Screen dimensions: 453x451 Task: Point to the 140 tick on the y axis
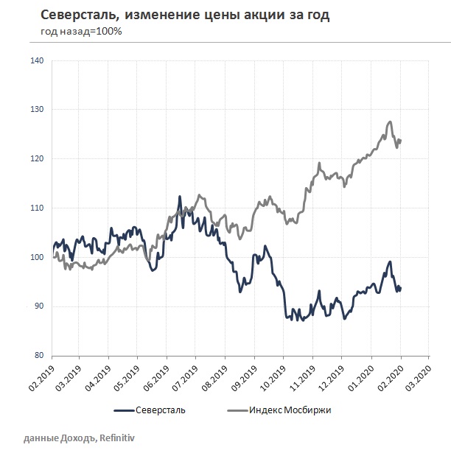38,60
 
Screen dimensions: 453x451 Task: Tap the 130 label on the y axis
38,110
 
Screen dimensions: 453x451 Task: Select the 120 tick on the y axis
38,159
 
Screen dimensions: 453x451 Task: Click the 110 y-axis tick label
38,208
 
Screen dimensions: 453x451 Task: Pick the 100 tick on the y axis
38,257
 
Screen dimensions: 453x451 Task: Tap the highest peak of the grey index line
390,122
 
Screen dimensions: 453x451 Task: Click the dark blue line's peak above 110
179,197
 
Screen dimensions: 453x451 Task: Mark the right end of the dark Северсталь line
400,288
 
